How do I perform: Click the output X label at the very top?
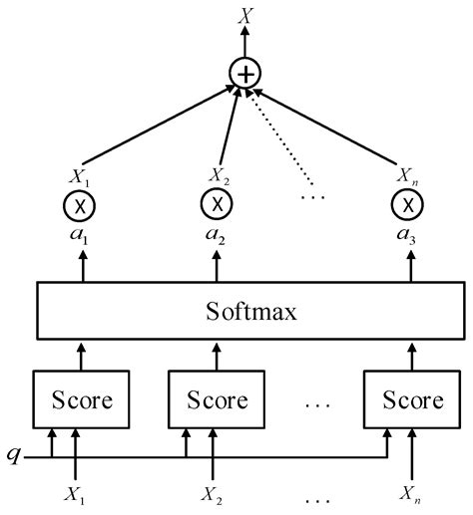click(243, 15)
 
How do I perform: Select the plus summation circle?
click(243, 72)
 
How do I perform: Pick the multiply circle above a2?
click(217, 205)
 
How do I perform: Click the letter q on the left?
click(13, 454)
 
